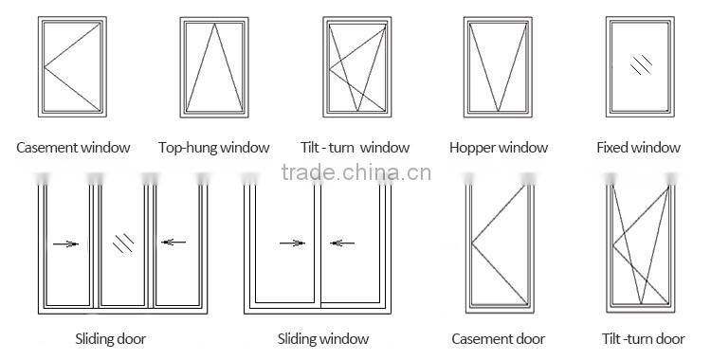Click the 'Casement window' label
73,148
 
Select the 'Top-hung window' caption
214,148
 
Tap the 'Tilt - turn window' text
355,148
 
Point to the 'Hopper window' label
499,148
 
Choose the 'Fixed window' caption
638,148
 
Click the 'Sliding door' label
111,339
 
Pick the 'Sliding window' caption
323,339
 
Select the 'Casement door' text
499,339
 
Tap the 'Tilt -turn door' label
643,339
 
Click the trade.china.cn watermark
355,172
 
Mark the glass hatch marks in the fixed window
641,65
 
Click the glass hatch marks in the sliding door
123,243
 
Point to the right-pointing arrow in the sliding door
65,243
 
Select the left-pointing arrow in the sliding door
173,243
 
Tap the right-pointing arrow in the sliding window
293,243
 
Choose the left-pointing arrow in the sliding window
342,243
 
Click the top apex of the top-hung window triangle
214,24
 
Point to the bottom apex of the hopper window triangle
498,111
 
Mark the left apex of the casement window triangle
45,67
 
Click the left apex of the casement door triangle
472,243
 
